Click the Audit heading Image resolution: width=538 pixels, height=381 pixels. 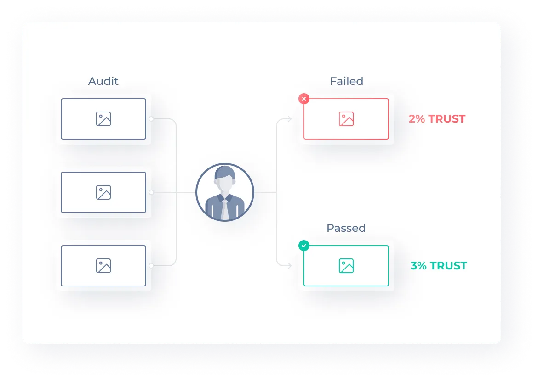[103, 81]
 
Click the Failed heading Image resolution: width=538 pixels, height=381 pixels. [347, 81]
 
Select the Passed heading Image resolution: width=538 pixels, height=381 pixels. [346, 228]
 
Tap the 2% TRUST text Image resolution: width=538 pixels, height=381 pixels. [437, 119]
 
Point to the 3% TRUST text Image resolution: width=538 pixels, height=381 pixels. [439, 266]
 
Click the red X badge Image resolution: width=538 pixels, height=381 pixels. [303, 99]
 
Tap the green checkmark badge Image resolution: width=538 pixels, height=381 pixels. [303, 246]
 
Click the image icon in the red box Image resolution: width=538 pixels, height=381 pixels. [346, 119]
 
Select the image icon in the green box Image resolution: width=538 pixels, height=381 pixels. [346, 266]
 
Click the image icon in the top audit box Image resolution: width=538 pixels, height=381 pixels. [103, 119]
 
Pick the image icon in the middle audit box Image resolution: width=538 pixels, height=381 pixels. [103, 192]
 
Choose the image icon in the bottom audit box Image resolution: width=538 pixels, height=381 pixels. [103, 266]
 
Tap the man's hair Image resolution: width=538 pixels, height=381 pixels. [225, 172]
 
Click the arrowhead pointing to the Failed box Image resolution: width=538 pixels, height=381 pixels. [289, 119]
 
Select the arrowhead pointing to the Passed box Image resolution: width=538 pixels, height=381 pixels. [289, 265]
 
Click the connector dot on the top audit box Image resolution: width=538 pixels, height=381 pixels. [151, 119]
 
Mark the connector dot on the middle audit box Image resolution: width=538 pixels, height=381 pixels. [151, 192]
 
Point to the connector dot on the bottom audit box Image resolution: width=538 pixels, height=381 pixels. [151, 265]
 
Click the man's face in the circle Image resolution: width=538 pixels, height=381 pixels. [225, 185]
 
